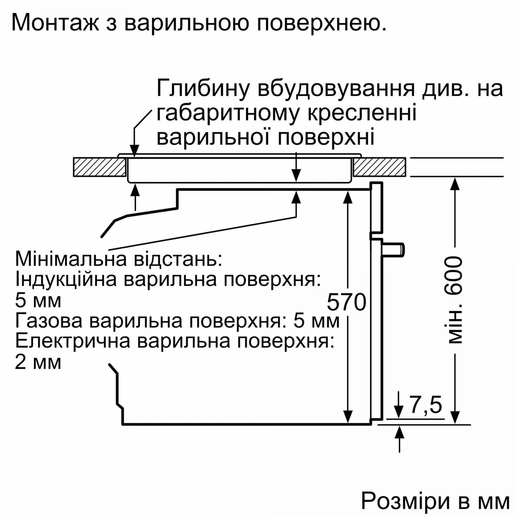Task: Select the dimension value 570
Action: (346, 302)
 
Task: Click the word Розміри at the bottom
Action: (405, 501)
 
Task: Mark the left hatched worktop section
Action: (100, 167)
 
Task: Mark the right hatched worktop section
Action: (380, 167)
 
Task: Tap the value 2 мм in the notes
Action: (38, 362)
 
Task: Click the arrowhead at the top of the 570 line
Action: (348, 197)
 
